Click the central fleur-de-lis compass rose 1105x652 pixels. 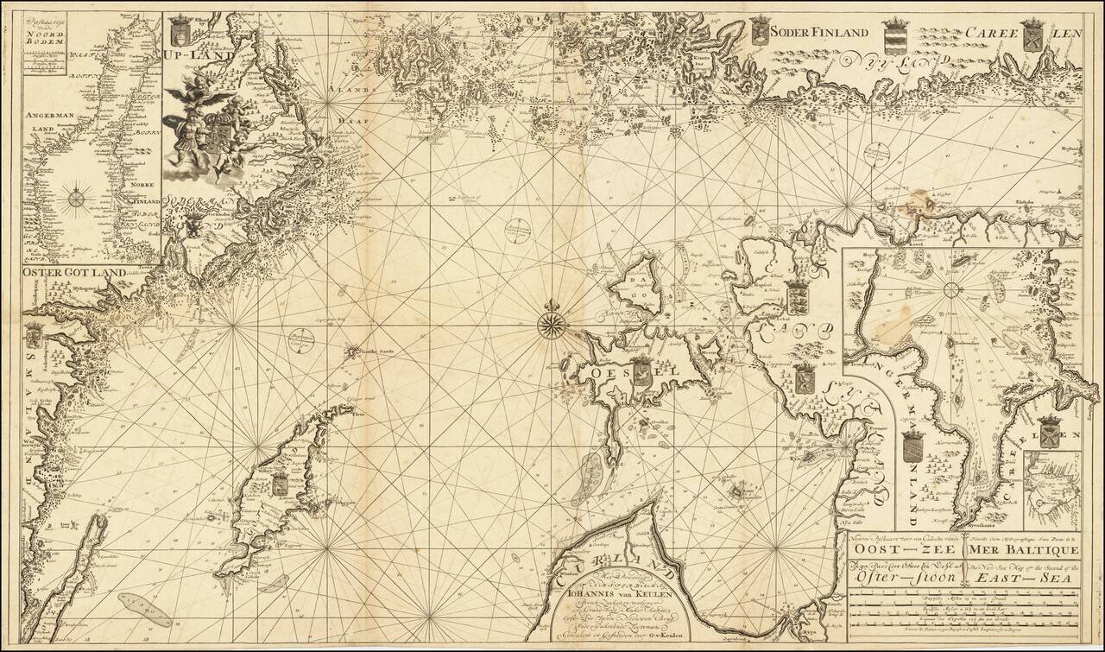[550, 325]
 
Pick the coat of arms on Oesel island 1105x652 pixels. [641, 372]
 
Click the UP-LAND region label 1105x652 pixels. [193, 55]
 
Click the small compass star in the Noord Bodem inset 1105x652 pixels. [76, 199]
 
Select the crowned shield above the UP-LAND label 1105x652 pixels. [180, 30]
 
